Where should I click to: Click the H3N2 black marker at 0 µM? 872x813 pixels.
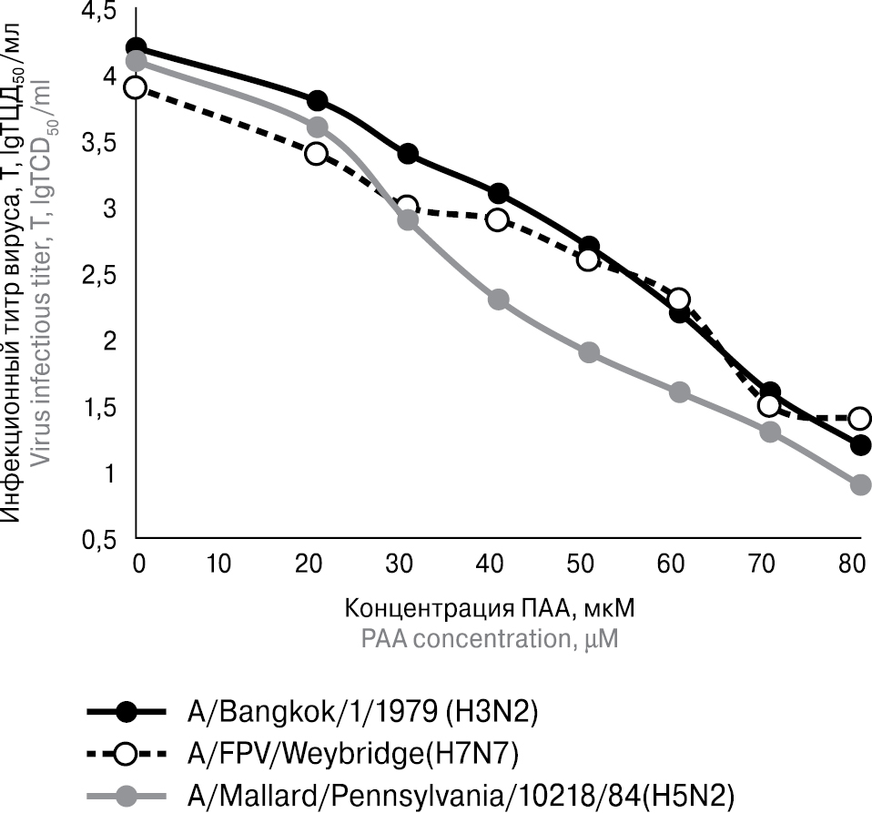(137, 47)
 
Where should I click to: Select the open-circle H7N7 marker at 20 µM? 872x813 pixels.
(317, 153)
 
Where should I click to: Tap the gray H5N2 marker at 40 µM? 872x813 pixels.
(498, 300)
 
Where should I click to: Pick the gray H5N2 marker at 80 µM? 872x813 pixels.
(860, 485)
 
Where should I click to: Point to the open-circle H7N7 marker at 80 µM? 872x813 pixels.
(860, 419)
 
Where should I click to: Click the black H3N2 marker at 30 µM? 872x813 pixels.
(408, 153)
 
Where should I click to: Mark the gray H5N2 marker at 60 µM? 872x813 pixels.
(679, 392)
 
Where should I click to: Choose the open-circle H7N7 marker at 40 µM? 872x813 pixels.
(498, 219)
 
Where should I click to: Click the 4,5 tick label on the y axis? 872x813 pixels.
(101, 12)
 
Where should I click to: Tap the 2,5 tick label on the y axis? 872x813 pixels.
(101, 275)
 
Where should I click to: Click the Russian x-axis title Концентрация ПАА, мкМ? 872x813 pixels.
(490, 606)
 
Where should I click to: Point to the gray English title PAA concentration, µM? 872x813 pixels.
(490, 638)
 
